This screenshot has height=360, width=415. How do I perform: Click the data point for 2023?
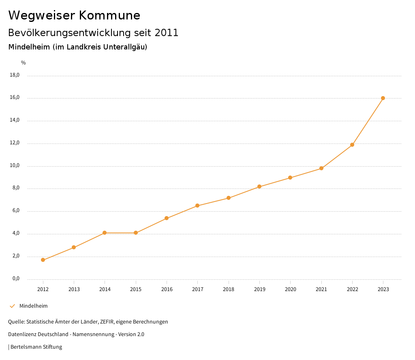[x=383, y=98]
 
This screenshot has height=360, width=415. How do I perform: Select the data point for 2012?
[x=43, y=260]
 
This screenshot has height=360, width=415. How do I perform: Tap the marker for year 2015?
[x=136, y=233]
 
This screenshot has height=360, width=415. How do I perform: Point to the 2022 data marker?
[x=352, y=145]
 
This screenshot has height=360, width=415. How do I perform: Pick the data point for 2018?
[x=229, y=198]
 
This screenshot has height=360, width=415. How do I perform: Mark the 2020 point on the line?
[x=290, y=178]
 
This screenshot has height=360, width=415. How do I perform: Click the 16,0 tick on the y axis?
[x=15, y=98]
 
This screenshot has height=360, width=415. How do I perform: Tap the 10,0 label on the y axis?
[x=15, y=166]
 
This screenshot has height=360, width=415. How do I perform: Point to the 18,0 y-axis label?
[x=15, y=75]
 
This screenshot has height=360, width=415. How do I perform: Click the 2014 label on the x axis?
[x=105, y=289]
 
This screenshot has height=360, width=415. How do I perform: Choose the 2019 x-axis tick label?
[x=259, y=289]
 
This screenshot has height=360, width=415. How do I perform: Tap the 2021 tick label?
[x=321, y=289]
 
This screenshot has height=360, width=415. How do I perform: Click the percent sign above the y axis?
[x=24, y=63]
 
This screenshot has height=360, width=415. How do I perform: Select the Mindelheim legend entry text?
[x=34, y=306]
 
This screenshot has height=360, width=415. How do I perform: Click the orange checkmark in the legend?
[x=12, y=306]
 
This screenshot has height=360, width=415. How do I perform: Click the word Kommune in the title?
[x=109, y=15]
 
